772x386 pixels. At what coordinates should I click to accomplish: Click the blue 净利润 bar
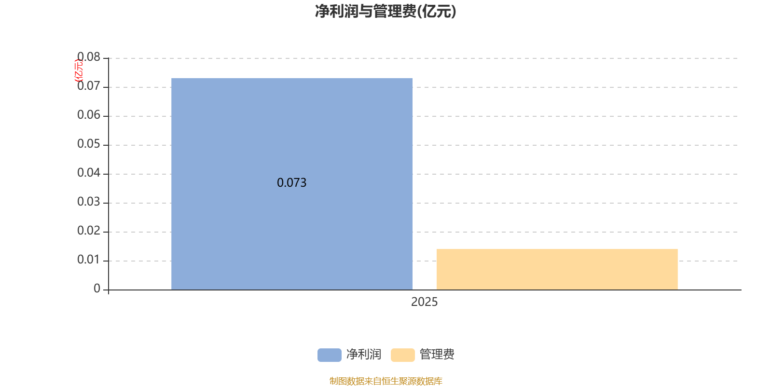[x=291, y=184]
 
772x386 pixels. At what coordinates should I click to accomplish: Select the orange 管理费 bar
[x=557, y=270]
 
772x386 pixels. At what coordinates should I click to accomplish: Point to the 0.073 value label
[x=291, y=183]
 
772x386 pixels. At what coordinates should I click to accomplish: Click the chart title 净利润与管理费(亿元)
[x=386, y=12]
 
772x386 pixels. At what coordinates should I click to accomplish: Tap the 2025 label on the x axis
[x=424, y=302]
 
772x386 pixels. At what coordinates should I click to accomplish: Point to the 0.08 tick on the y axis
[x=89, y=57]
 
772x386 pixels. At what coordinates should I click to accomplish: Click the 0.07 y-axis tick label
[x=89, y=86]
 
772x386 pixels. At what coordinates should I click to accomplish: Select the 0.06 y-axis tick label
[x=89, y=115]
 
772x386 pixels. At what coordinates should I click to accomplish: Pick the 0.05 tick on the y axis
[x=89, y=144]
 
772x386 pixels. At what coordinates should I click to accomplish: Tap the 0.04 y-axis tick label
[x=89, y=173]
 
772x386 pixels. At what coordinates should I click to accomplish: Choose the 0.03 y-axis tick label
[x=89, y=202]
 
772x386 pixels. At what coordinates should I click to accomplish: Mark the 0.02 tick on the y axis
[x=89, y=231]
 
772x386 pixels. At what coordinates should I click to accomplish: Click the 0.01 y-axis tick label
[x=89, y=260]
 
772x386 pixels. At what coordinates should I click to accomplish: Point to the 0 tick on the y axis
[x=97, y=289]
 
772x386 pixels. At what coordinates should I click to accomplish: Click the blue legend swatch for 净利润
[x=330, y=355]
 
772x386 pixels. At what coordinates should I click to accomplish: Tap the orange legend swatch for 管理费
[x=402, y=355]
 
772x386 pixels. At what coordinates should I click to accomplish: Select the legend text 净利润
[x=364, y=354]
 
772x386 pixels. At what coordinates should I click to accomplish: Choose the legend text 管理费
[x=437, y=354]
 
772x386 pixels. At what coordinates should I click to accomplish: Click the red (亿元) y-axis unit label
[x=79, y=70]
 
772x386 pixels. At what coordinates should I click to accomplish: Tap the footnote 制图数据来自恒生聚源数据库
[x=386, y=381]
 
